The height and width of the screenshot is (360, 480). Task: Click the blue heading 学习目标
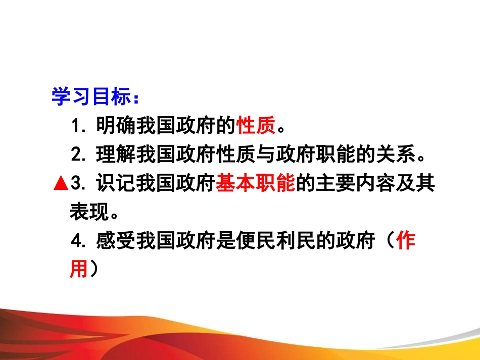click(x=91, y=97)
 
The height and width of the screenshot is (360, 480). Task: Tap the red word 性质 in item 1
click(x=257, y=126)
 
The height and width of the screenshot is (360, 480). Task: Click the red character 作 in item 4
click(x=406, y=241)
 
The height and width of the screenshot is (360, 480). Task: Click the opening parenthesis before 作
click(x=387, y=242)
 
